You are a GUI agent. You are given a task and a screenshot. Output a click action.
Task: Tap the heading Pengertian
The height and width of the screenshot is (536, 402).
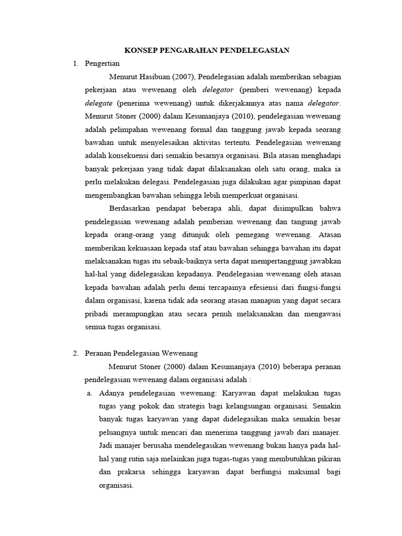102,64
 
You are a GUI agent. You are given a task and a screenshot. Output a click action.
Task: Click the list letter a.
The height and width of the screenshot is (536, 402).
90,393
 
